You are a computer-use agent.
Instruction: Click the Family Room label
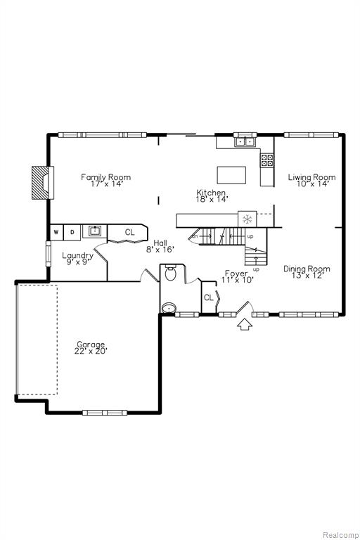105,177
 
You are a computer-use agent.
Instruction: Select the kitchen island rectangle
231,175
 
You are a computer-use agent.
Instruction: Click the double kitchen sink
244,141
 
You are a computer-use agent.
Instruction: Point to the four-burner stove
267,160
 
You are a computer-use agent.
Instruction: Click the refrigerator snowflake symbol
247,219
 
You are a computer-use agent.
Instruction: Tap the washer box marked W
56,232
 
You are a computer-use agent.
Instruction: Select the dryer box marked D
72,232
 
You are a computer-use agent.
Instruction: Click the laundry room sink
95,231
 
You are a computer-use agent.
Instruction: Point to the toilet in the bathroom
170,273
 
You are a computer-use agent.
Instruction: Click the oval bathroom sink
169,308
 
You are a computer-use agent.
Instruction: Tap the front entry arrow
245,324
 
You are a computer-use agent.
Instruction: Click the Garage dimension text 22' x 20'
91,352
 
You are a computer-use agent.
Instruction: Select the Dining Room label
307,269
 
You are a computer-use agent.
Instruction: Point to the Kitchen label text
211,193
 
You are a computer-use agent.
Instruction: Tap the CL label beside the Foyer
209,297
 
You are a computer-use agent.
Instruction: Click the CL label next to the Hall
129,233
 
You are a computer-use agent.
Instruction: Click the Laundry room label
78,255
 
